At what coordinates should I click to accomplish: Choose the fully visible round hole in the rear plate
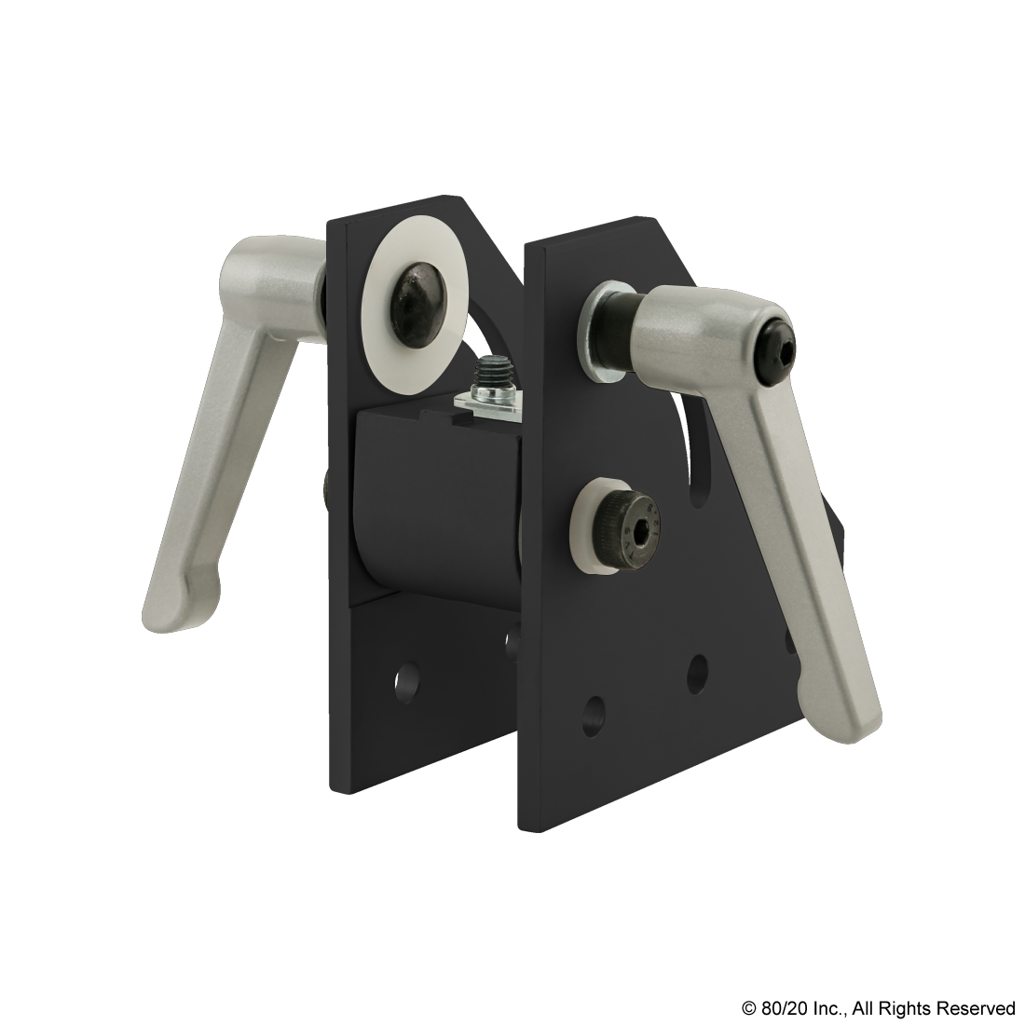coord(404,685)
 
